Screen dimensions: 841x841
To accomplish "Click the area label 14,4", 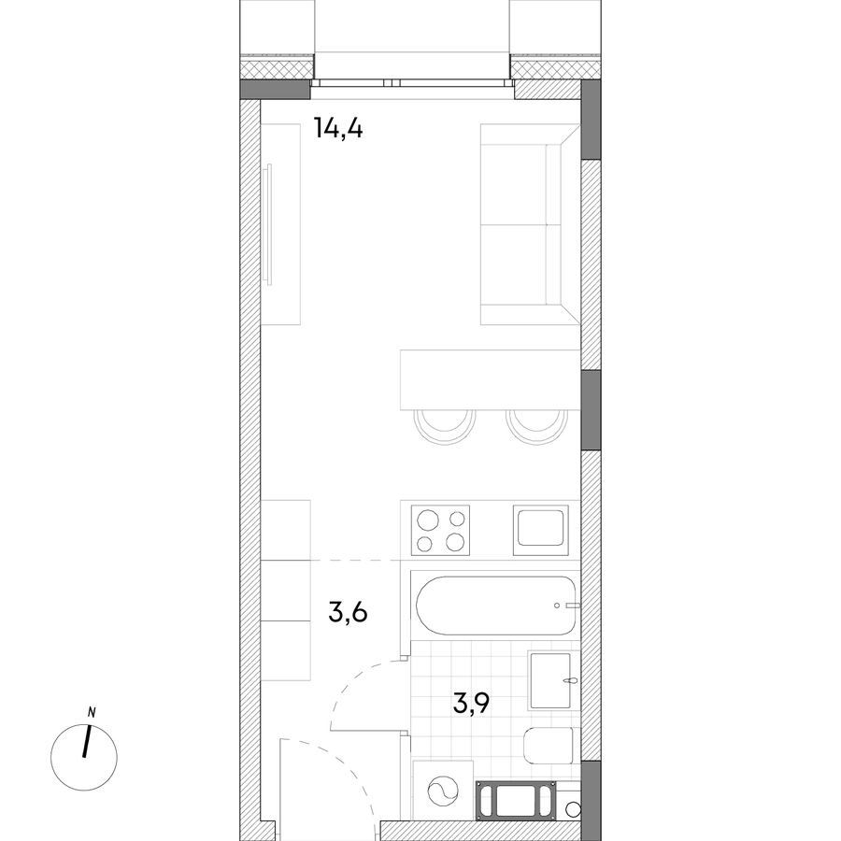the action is (338, 129).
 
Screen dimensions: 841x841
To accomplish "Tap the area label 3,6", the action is (349, 612).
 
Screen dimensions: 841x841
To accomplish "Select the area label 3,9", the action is (471, 703).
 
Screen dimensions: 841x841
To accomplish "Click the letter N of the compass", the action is (92, 713).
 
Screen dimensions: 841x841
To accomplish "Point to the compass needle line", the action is (86, 741).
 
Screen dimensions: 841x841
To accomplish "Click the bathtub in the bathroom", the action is (496, 606).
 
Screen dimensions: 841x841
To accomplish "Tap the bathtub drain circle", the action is (557, 606).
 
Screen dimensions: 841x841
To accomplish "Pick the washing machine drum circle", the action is (443, 791).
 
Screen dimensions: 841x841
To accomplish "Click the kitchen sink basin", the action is (540, 528).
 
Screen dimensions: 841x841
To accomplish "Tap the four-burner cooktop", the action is (440, 530).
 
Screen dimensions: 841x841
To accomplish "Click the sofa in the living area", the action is (530, 224).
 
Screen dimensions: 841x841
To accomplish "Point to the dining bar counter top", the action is (491, 379).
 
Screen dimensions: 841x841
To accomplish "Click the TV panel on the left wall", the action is (269, 224).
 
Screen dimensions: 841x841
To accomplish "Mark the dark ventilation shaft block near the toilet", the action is (515, 800).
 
